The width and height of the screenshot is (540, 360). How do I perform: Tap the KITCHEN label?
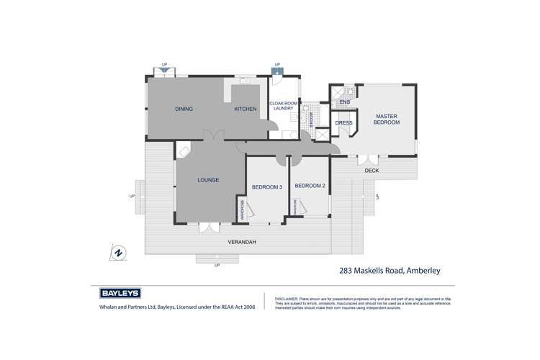point(245,109)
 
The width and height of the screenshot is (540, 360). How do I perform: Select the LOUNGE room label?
point(208,179)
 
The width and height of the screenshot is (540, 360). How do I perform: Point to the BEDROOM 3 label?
point(267,187)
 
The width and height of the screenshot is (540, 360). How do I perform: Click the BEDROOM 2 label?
point(310,186)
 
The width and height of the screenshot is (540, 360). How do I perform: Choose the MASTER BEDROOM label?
point(385,120)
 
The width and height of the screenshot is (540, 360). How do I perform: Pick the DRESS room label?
point(343,122)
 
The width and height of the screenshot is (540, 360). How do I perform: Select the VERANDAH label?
point(241,242)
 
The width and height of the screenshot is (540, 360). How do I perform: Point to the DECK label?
point(372,171)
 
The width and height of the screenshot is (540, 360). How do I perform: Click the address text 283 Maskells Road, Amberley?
point(389,271)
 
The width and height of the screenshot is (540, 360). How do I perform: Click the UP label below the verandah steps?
point(217,265)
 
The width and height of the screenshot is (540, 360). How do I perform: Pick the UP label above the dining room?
point(165,63)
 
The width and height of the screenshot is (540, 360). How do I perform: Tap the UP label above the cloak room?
point(277,63)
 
